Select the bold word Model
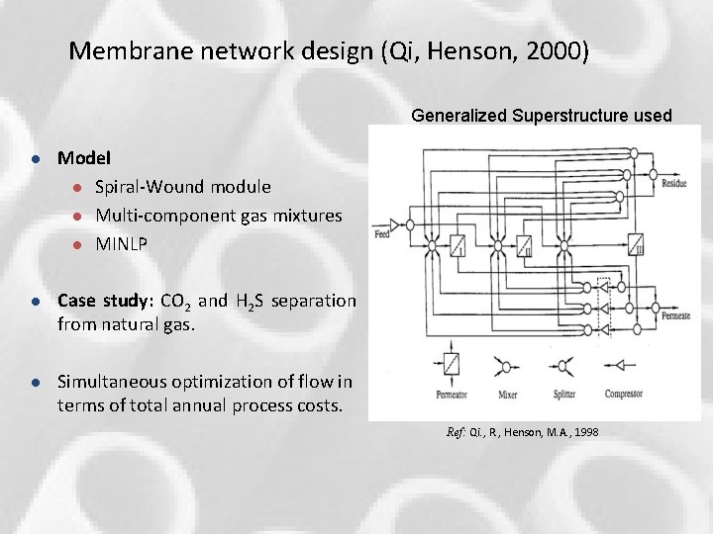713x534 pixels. [84, 157]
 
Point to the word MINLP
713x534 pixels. [122, 243]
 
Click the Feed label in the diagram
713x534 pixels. [382, 235]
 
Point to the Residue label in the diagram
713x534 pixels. [674, 184]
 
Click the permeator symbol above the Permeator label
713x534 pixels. [452, 363]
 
